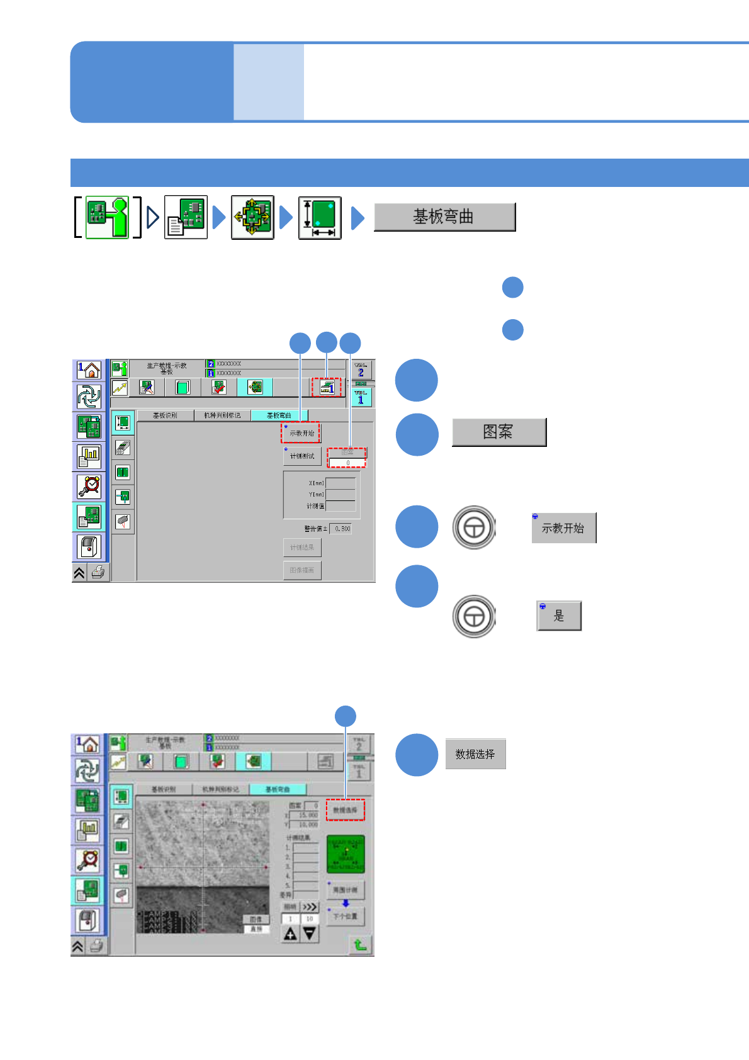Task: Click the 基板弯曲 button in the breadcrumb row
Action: pos(444,217)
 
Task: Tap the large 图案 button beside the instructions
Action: pos(498,432)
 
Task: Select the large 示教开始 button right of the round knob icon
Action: pos(563,528)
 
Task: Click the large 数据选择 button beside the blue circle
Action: pos(475,754)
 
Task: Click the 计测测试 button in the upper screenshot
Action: pos(302,456)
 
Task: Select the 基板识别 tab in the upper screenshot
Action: pos(165,415)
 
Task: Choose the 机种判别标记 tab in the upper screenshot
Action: pos(222,415)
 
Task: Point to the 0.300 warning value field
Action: pos(342,529)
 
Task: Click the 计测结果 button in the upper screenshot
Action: pos(302,548)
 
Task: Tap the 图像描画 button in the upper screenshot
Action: pos(302,570)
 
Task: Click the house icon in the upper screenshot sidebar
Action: pos(89,370)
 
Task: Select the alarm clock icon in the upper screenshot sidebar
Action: pos(89,487)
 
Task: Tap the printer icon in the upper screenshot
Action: pos(98,572)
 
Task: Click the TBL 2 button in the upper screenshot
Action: pos(361,370)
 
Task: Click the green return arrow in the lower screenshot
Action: pos(360,945)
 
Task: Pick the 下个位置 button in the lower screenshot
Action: pos(345,916)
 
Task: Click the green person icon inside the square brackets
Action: pos(107,217)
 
